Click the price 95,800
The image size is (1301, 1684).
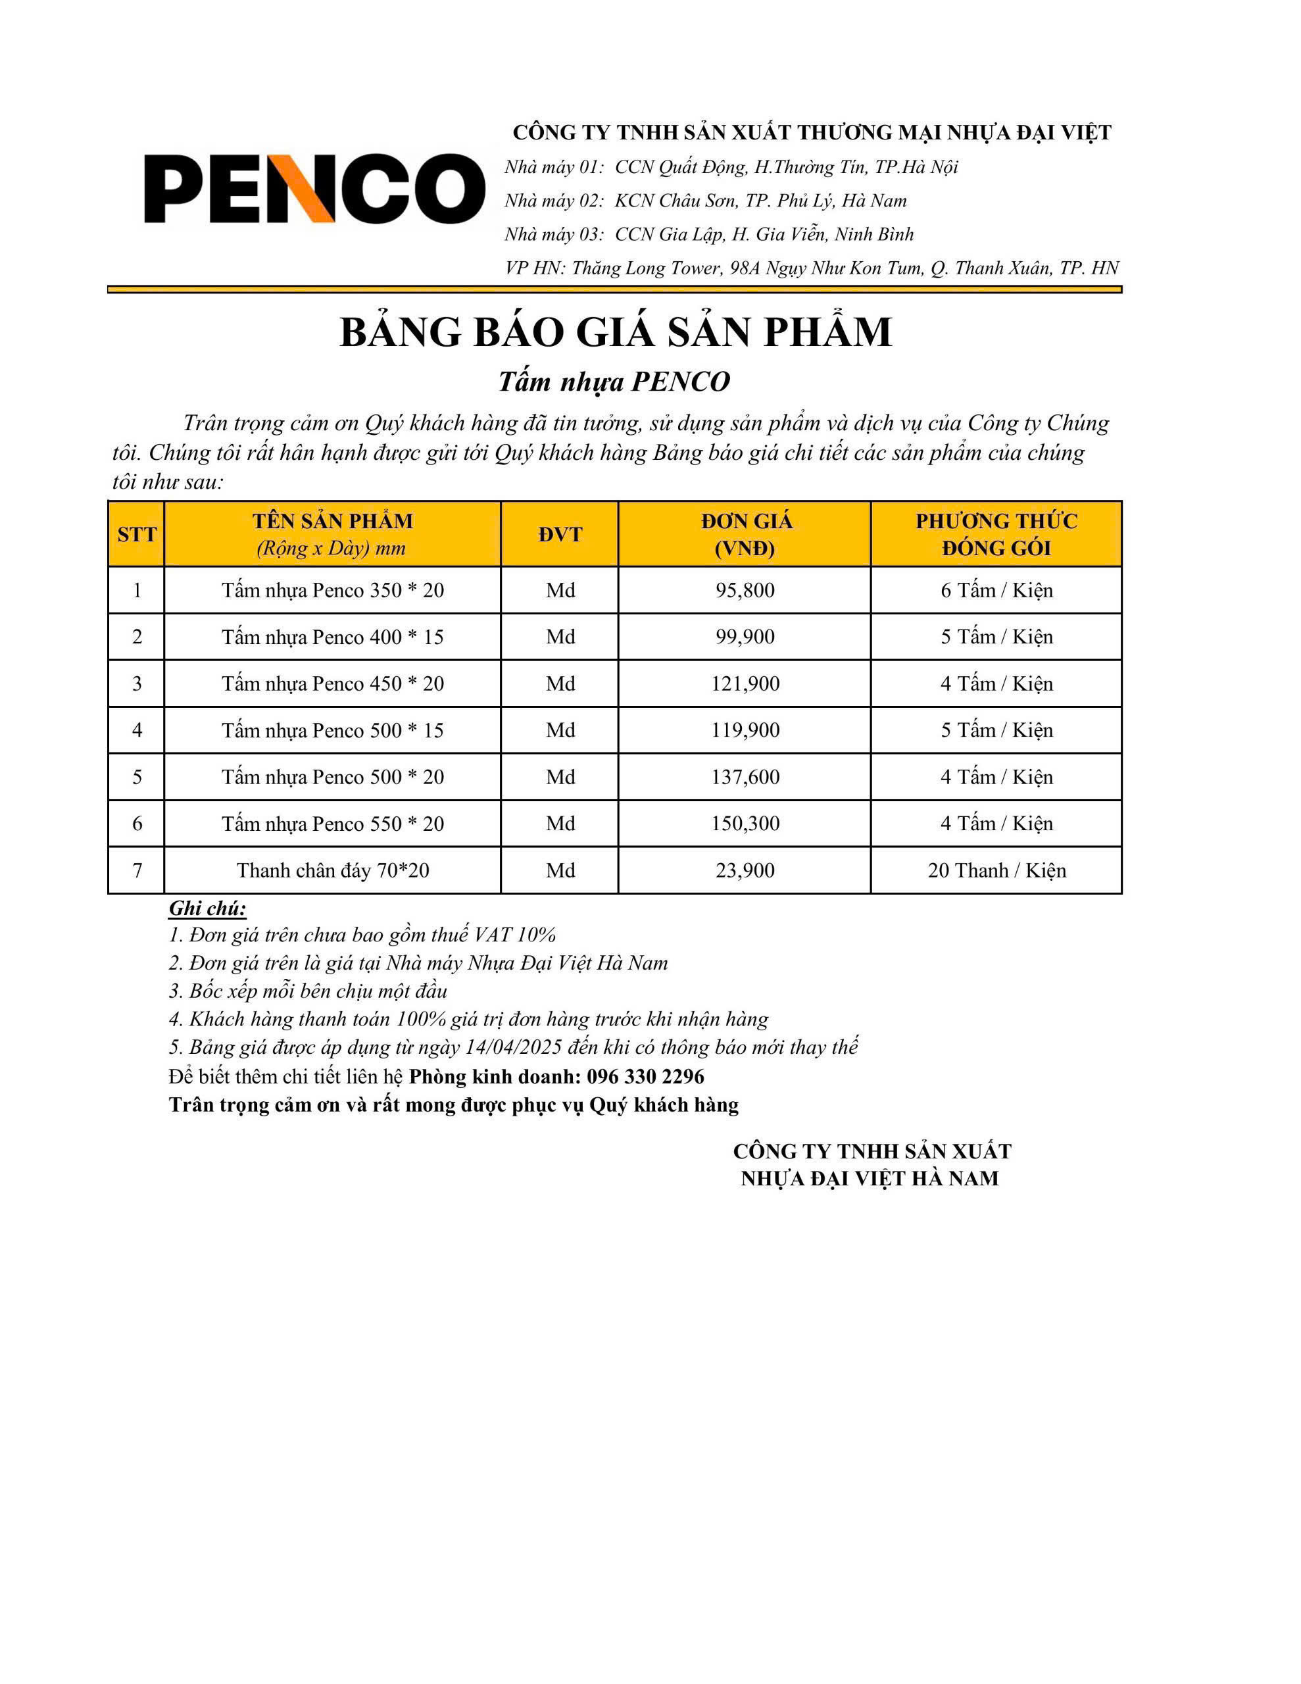click(744, 591)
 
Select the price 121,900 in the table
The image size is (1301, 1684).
click(744, 684)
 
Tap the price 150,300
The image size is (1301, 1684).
click(744, 824)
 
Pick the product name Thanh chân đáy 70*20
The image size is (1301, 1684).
click(332, 870)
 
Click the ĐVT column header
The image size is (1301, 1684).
click(560, 534)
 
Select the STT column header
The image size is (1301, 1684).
click(137, 534)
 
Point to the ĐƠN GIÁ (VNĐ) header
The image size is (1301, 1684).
click(745, 534)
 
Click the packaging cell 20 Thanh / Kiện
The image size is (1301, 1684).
click(996, 870)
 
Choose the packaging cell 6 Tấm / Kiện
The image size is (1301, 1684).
click(996, 591)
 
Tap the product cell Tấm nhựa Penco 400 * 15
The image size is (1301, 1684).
click(332, 637)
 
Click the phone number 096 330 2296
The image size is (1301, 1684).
click(645, 1076)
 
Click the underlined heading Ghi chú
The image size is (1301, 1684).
click(207, 908)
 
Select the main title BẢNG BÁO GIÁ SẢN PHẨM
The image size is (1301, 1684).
click(616, 332)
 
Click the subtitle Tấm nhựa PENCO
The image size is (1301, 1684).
click(614, 382)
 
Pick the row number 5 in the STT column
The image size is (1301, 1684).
click(137, 778)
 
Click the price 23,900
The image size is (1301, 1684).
click(744, 870)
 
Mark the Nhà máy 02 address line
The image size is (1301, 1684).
click(705, 201)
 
